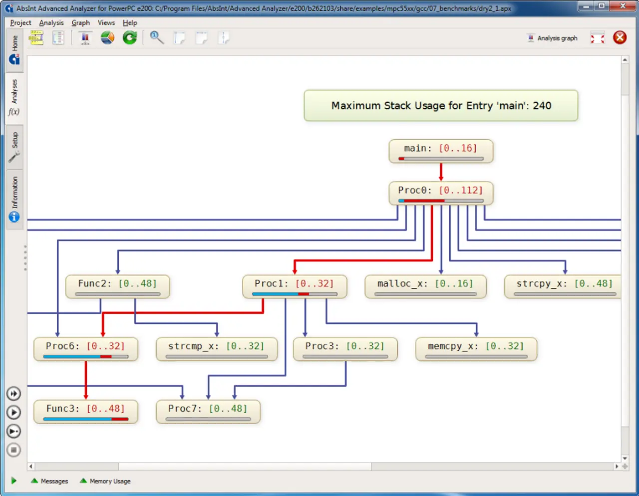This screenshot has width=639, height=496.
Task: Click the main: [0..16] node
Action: pos(441,151)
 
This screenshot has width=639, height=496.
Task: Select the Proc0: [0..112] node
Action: pos(441,193)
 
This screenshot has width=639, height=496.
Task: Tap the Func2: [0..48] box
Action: pos(118,286)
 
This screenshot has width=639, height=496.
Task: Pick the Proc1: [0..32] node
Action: pos(295,286)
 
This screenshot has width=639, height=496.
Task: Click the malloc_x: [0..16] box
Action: pos(425,286)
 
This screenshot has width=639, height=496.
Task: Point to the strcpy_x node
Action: pos(563,286)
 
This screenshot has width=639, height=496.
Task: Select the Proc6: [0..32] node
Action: pos(86,349)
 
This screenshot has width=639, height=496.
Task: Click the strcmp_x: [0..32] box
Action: pos(217,349)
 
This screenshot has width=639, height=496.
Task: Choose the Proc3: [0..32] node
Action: pos(345,349)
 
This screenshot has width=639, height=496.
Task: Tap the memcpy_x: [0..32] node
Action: pos(476,349)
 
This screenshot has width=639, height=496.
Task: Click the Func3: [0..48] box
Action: pos(86,412)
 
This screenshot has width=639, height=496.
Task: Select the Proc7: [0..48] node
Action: pos(208,412)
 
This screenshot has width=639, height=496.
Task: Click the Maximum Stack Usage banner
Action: pos(441,105)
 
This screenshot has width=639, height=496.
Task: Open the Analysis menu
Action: pos(51,22)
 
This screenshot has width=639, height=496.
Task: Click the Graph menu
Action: pos(81,22)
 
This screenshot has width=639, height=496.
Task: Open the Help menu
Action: pos(130,22)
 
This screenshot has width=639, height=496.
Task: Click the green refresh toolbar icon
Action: pos(130,37)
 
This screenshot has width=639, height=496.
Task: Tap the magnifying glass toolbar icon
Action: pos(157,37)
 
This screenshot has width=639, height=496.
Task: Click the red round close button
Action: pos(620,37)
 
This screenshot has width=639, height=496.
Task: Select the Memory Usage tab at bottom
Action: pos(105,481)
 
